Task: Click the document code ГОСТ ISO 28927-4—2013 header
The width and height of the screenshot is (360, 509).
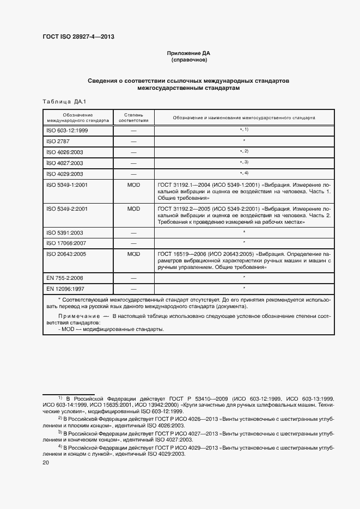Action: pyautogui.click(x=78, y=38)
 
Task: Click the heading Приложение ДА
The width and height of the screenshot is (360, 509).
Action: pyautogui.click(x=188, y=53)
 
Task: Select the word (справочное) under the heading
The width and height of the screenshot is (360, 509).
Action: pyautogui.click(x=188, y=60)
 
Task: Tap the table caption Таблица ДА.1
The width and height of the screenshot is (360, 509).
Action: pyautogui.click(x=60, y=102)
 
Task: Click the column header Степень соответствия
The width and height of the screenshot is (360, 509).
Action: pyautogui.click(x=133, y=118)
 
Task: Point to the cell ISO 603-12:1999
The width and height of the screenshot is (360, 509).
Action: pyautogui.click(x=68, y=131)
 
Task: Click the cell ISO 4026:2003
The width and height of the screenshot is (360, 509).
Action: pyautogui.click(x=65, y=152)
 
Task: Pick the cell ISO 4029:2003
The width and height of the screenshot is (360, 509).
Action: pyautogui.click(x=65, y=174)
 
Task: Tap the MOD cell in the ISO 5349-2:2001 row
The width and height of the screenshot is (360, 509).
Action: pyautogui.click(x=133, y=208)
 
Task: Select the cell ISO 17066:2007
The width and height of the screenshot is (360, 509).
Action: pyautogui.click(x=66, y=243)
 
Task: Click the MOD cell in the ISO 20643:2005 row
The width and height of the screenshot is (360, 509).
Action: pyautogui.click(x=133, y=254)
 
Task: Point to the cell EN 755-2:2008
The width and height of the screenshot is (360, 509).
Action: pyautogui.click(x=65, y=278)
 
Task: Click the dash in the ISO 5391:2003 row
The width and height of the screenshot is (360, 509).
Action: pyautogui.click(x=133, y=232)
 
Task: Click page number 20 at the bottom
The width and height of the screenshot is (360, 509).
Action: pyautogui.click(x=46, y=463)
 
